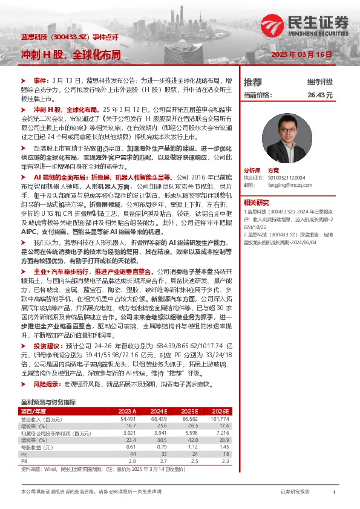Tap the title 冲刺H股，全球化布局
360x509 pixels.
pos(70,54)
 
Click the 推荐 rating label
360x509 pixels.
pos(253,82)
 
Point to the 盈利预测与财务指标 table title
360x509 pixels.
pos(48,402)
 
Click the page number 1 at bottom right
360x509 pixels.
pos(334,493)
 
